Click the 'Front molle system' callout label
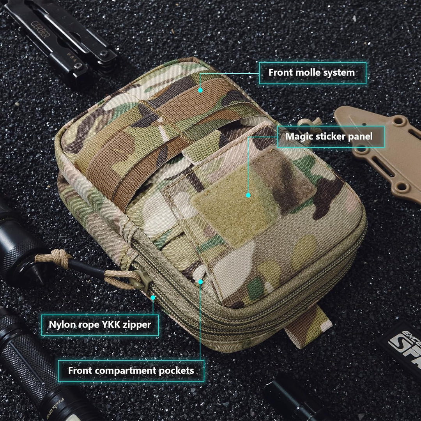point(312,73)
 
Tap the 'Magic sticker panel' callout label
point(329,136)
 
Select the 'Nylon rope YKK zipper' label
point(100,324)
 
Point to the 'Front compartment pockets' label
point(131,370)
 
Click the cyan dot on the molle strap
point(200,90)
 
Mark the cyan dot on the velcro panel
point(248,195)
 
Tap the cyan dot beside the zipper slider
point(153,297)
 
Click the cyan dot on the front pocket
point(200,281)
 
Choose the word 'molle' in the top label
point(307,73)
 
